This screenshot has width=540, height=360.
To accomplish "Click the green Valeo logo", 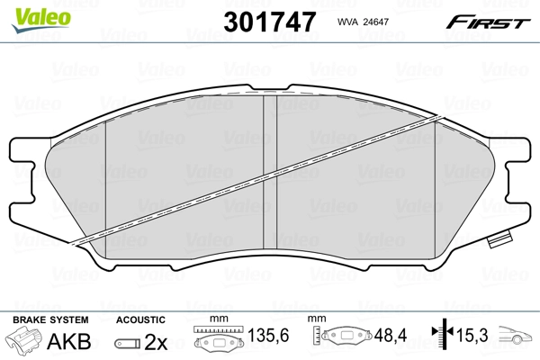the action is [40, 21].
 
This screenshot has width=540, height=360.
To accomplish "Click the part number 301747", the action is [270, 22].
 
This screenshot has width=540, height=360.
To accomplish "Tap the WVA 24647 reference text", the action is [363, 22].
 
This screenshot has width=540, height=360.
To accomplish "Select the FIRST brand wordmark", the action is [488, 22].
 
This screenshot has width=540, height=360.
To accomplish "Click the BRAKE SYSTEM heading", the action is [50, 319].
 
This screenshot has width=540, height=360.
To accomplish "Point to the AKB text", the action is [69, 341].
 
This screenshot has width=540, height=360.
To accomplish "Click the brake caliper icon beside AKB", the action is [23, 339].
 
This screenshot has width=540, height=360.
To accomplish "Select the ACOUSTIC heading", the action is [140, 319].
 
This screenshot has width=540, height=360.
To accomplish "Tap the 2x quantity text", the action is [156, 342].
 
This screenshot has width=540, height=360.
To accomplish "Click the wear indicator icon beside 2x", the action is [128, 343].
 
